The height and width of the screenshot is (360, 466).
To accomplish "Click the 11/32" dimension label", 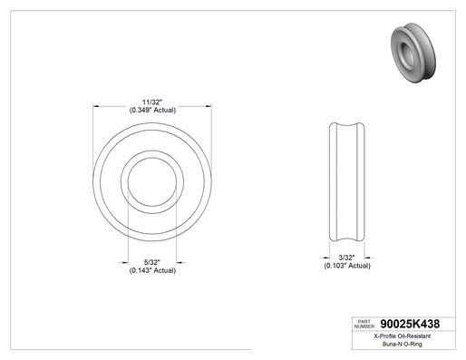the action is (x=152, y=102).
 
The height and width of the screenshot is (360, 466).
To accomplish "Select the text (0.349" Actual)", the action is (x=152, y=110).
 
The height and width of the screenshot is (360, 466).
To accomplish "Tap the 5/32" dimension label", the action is (x=152, y=262).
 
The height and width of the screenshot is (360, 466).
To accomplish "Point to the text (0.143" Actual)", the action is (x=152, y=270).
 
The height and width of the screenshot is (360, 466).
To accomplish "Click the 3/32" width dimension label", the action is (x=346, y=258).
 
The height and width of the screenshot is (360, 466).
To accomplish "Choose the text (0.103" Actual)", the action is (x=347, y=266).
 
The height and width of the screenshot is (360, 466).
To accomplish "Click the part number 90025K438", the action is (x=410, y=324).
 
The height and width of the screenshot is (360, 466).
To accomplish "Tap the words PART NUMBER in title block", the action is (x=364, y=324).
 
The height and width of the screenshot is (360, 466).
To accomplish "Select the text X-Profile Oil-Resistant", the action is (x=403, y=336).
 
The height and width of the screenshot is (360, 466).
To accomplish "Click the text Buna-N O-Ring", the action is (x=403, y=344).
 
